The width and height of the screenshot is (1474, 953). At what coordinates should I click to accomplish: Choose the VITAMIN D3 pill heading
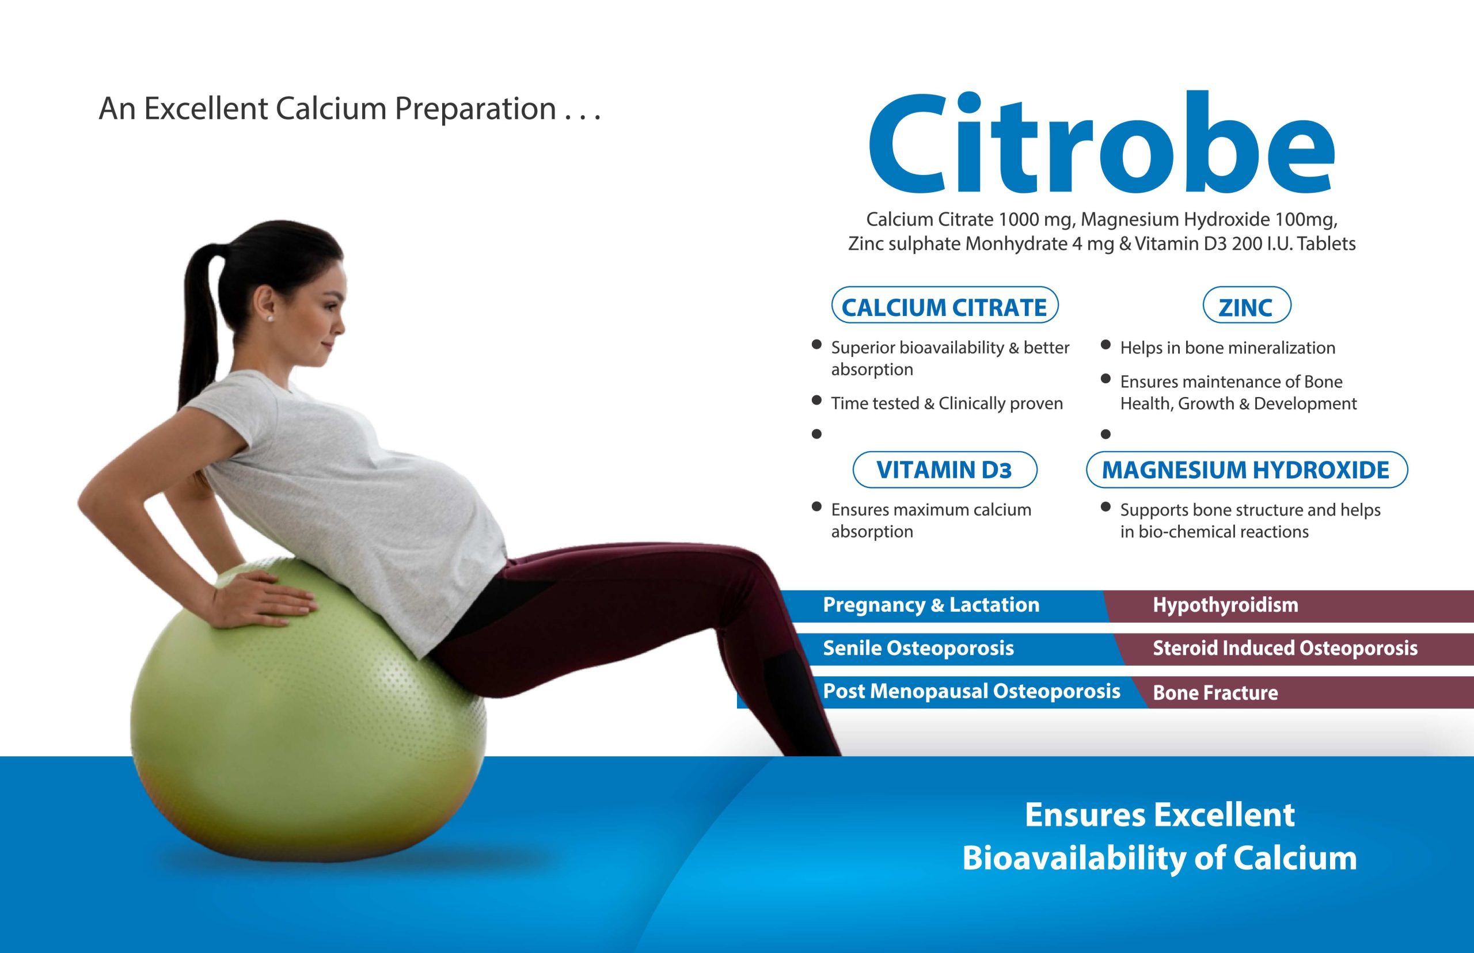coord(945,470)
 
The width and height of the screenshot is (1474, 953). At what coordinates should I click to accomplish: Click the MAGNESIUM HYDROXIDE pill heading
coord(1246,470)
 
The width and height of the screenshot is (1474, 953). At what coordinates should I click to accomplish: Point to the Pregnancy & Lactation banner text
coord(931,605)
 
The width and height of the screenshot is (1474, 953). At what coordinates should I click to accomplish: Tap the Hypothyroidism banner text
coord(1225,605)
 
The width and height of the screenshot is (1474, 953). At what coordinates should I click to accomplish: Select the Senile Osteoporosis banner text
coord(918,648)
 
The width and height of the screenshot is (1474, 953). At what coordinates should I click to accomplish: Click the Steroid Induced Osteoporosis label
coord(1285,648)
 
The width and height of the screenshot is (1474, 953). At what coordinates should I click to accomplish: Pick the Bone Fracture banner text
coord(1215,692)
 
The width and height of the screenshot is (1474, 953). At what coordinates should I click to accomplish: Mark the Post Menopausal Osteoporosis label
coord(971,691)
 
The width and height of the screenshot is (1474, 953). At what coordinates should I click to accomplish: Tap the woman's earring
coord(270,318)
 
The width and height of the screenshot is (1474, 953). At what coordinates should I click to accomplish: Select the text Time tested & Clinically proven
coord(947,403)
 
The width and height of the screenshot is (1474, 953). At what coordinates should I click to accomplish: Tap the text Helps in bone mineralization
coord(1228,348)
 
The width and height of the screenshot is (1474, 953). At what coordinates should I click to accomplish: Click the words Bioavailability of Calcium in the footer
coord(1160,858)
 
